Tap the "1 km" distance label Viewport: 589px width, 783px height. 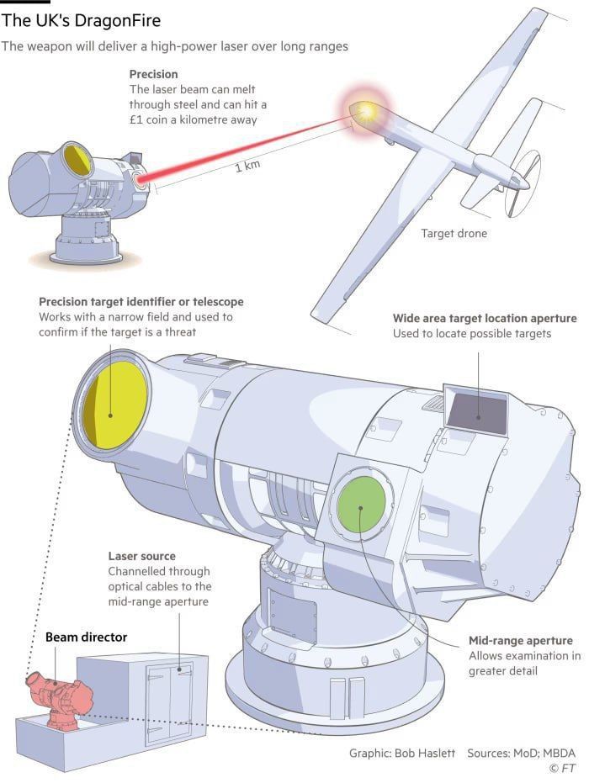pyautogui.click(x=247, y=166)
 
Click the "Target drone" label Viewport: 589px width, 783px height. pyautogui.click(x=454, y=233)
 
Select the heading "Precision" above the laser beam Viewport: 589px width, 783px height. pyautogui.click(x=153, y=75)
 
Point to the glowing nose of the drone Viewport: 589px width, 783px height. pyautogui.click(x=364, y=112)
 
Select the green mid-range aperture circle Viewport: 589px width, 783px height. pyautogui.click(x=361, y=504)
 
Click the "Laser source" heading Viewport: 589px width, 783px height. pyautogui.click(x=141, y=556)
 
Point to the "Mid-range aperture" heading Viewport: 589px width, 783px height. pyautogui.click(x=520, y=641)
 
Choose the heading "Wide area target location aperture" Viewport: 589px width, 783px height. pyautogui.click(x=485, y=319)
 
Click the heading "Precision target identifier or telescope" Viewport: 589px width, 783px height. pyautogui.click(x=141, y=302)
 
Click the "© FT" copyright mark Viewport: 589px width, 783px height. pyautogui.click(x=562, y=769)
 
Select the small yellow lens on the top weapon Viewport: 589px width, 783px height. pyautogui.click(x=77, y=160)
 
